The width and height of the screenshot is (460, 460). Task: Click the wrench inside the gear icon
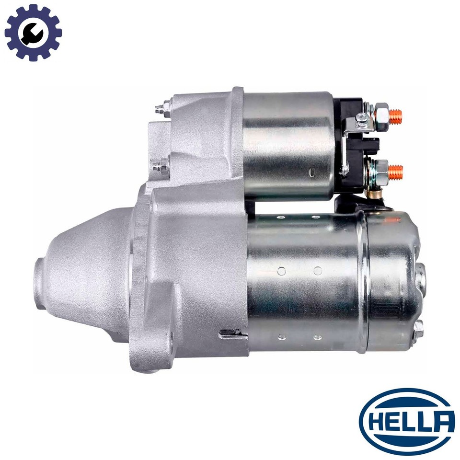[x=33, y=33]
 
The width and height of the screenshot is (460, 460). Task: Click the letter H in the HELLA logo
[x=375, y=423]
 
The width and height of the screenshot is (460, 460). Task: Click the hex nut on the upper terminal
[x=382, y=117]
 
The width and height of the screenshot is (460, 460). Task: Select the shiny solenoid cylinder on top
[x=289, y=146]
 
